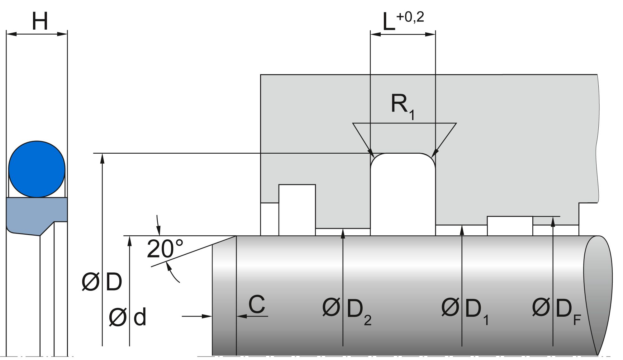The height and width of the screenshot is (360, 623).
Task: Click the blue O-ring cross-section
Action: tap(37, 169)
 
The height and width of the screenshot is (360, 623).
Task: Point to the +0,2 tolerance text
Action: tap(410, 17)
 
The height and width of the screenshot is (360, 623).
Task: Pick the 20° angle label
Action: tap(164, 249)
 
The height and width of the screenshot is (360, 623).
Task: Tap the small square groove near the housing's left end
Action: tap(297, 209)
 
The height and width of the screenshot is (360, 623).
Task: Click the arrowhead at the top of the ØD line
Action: tap(102, 158)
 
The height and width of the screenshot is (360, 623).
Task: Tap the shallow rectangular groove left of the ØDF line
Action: tap(510, 226)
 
